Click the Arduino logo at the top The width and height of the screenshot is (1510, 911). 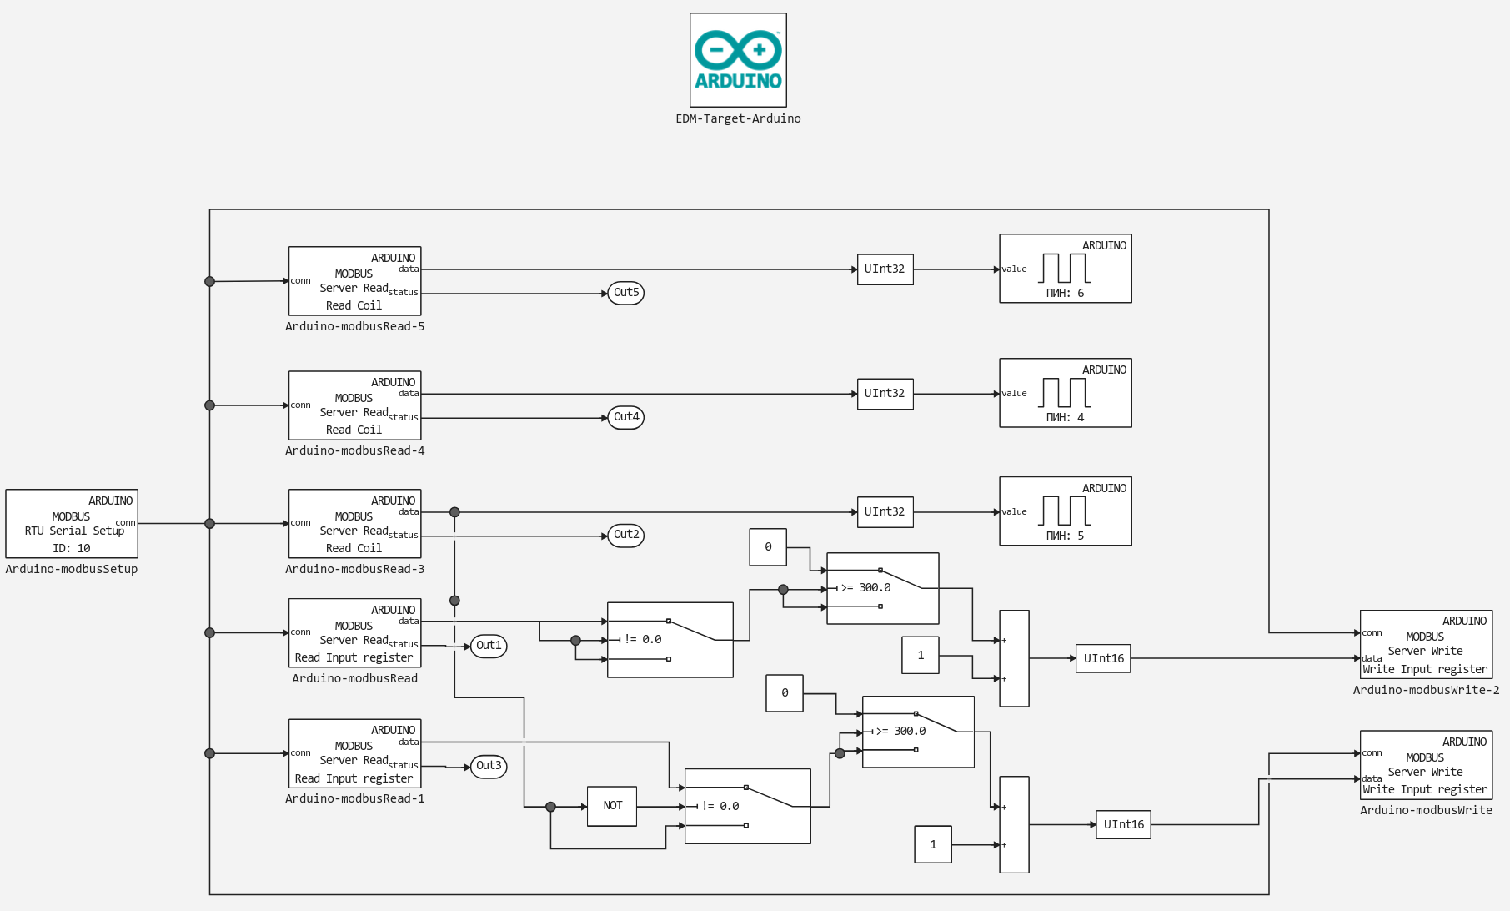[x=738, y=59]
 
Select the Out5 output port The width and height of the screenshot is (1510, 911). [x=626, y=293]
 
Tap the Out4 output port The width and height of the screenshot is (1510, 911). [x=626, y=417]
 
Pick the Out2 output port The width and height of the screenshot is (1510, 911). [x=626, y=536]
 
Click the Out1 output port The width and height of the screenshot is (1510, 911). [x=489, y=646]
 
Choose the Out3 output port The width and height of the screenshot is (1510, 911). [x=489, y=766]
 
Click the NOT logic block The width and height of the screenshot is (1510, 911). [x=612, y=806]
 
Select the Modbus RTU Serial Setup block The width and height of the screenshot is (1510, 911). [x=72, y=523]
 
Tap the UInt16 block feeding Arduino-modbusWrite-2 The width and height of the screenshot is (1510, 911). [x=1103, y=658]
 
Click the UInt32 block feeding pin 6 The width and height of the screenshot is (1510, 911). [x=885, y=269]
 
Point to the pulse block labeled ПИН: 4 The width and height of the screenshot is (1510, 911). [x=1066, y=393]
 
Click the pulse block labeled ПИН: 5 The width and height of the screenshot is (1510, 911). [x=1066, y=511]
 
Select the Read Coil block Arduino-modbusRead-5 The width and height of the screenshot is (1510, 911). [x=355, y=281]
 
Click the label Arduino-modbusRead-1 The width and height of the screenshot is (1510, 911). [x=355, y=798]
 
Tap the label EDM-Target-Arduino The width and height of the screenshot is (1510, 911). [x=738, y=118]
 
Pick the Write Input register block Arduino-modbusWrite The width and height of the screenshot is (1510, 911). [x=1426, y=765]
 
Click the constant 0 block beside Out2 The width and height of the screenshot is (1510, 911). [x=768, y=547]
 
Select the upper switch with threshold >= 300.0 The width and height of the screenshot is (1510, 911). [x=883, y=588]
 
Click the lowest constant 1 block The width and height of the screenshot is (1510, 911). [x=933, y=844]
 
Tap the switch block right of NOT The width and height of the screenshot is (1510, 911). [x=748, y=806]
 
